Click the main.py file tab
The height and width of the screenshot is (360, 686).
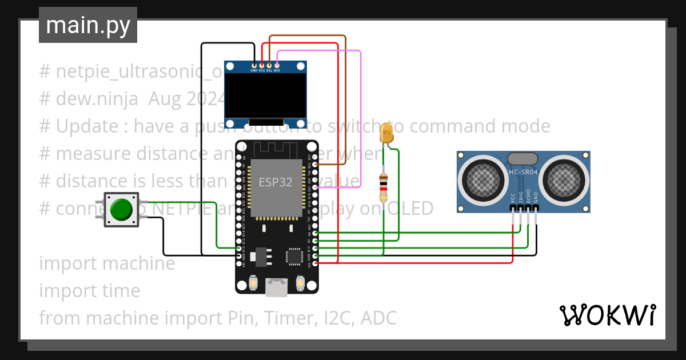[x=87, y=25]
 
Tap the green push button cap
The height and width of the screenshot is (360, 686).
[x=121, y=210]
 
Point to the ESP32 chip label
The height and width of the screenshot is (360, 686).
[x=276, y=182]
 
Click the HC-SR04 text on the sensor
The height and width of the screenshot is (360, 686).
[x=523, y=171]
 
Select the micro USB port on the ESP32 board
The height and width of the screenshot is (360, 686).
[x=277, y=287]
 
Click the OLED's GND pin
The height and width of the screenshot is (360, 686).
[x=254, y=66]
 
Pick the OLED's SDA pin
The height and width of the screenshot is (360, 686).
[x=277, y=66]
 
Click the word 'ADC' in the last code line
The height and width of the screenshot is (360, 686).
[x=378, y=318]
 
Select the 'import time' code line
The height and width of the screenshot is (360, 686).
[x=90, y=290]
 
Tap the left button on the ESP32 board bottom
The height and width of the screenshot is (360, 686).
[x=253, y=282]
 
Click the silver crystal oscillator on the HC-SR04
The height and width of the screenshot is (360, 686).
[x=523, y=158]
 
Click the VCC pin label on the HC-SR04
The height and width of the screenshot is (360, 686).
[x=513, y=198]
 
